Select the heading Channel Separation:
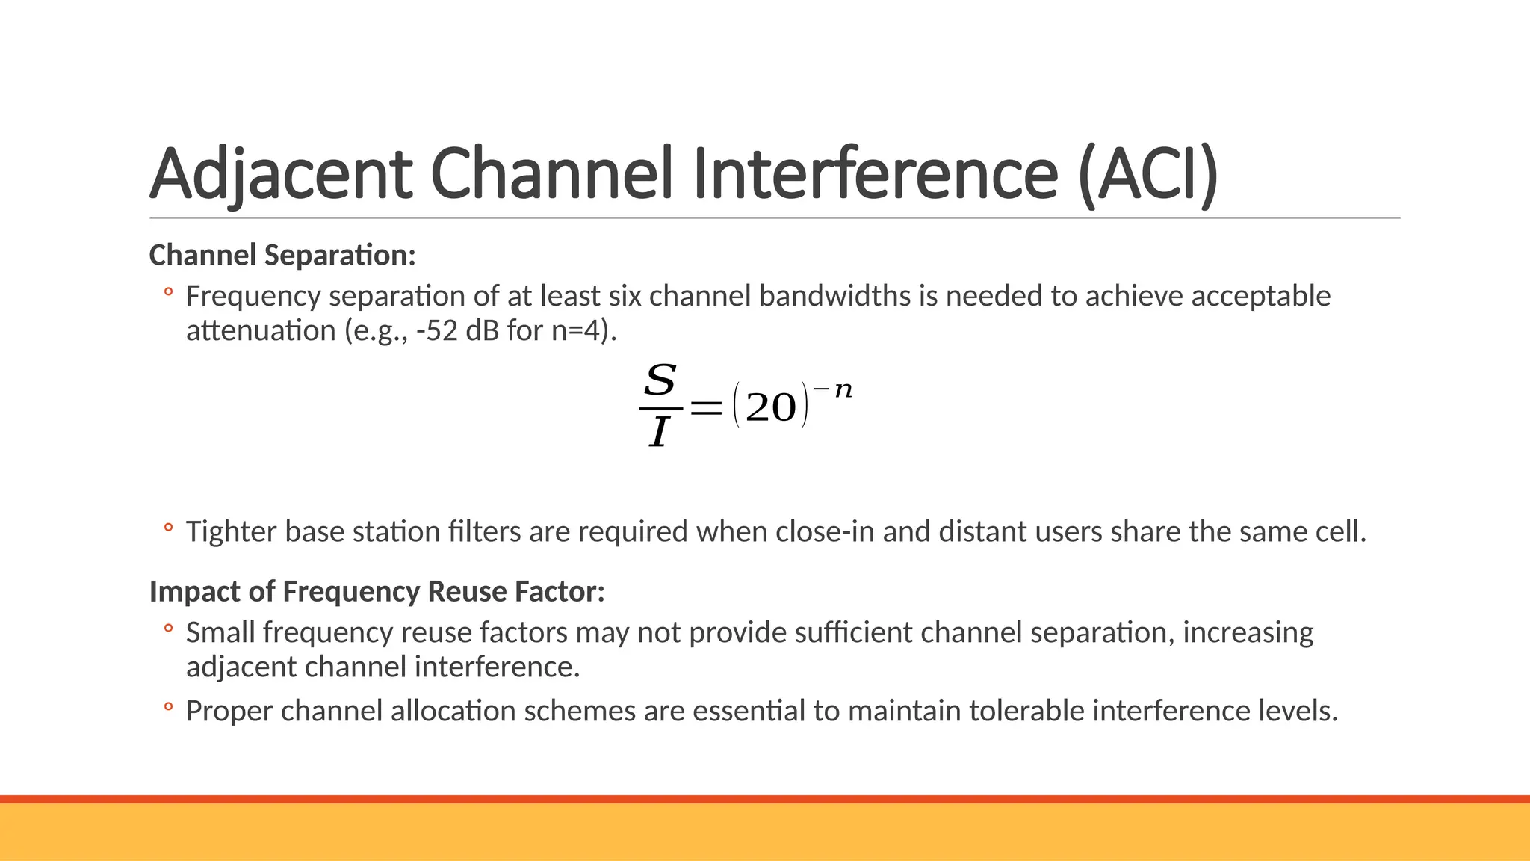pyautogui.click(x=282, y=256)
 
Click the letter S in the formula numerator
pyautogui.click(x=660, y=380)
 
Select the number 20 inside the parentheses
pyautogui.click(x=771, y=408)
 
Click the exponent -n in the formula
pyautogui.click(x=833, y=389)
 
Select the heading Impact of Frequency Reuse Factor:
pyautogui.click(x=377, y=592)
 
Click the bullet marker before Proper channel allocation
pyautogui.click(x=169, y=706)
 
